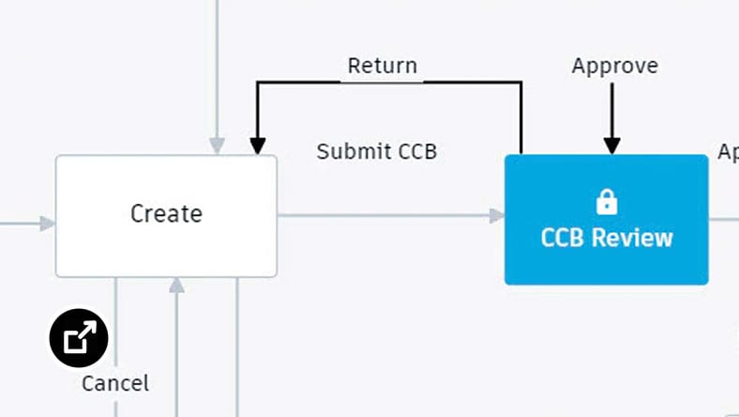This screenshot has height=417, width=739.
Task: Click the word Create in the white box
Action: [166, 214]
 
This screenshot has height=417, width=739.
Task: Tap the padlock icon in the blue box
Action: [607, 201]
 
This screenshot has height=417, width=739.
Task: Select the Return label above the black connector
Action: [382, 67]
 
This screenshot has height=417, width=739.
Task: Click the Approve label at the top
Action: [614, 67]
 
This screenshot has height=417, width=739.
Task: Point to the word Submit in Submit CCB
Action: [348, 151]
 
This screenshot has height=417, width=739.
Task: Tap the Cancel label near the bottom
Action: [114, 383]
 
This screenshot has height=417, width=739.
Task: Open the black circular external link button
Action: [79, 337]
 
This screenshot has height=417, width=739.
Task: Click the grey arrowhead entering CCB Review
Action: [497, 216]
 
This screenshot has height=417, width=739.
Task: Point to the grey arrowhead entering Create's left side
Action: [48, 224]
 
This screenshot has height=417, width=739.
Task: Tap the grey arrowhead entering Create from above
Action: [217, 147]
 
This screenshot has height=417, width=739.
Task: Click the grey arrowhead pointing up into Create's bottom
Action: [175, 285]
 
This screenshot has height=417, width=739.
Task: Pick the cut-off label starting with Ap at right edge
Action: [728, 151]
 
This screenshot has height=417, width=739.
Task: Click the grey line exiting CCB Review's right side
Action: [723, 219]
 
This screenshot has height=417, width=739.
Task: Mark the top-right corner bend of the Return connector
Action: [520, 83]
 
